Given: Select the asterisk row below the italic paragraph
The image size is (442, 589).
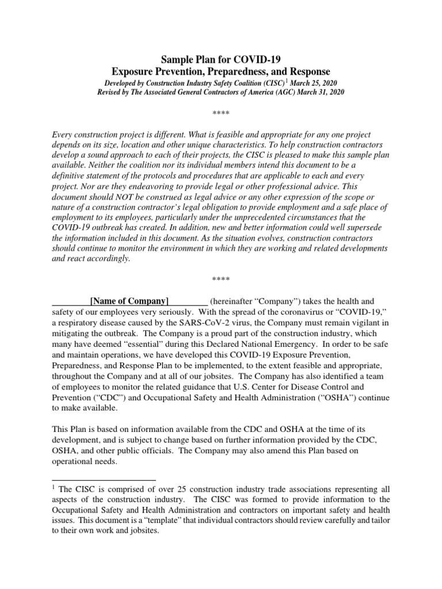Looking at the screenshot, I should click(221, 280).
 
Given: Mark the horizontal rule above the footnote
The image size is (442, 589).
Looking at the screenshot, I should click(104, 479).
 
